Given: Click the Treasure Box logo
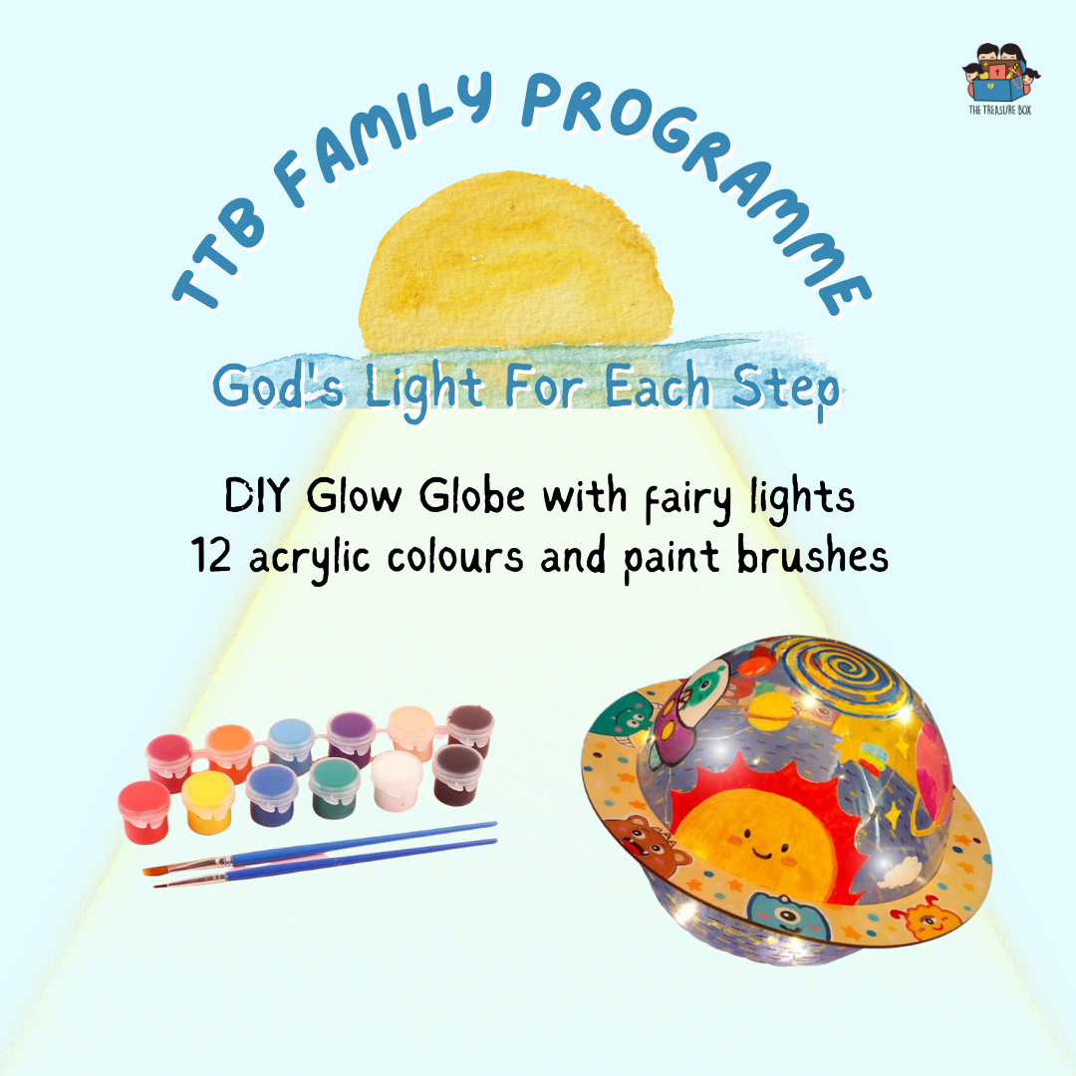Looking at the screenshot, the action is point(1000,79).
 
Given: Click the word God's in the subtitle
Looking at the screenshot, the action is point(278,386).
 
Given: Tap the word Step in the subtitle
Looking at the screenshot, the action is point(786,389).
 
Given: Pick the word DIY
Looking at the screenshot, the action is point(257,495).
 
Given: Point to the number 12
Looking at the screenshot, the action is point(210,555).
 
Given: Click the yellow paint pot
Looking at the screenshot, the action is point(208,801).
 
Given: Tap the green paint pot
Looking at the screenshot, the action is point(334,788).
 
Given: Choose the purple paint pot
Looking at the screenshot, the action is point(351,738).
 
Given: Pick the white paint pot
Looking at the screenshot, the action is point(397,779).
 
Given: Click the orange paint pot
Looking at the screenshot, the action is point(230,752).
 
